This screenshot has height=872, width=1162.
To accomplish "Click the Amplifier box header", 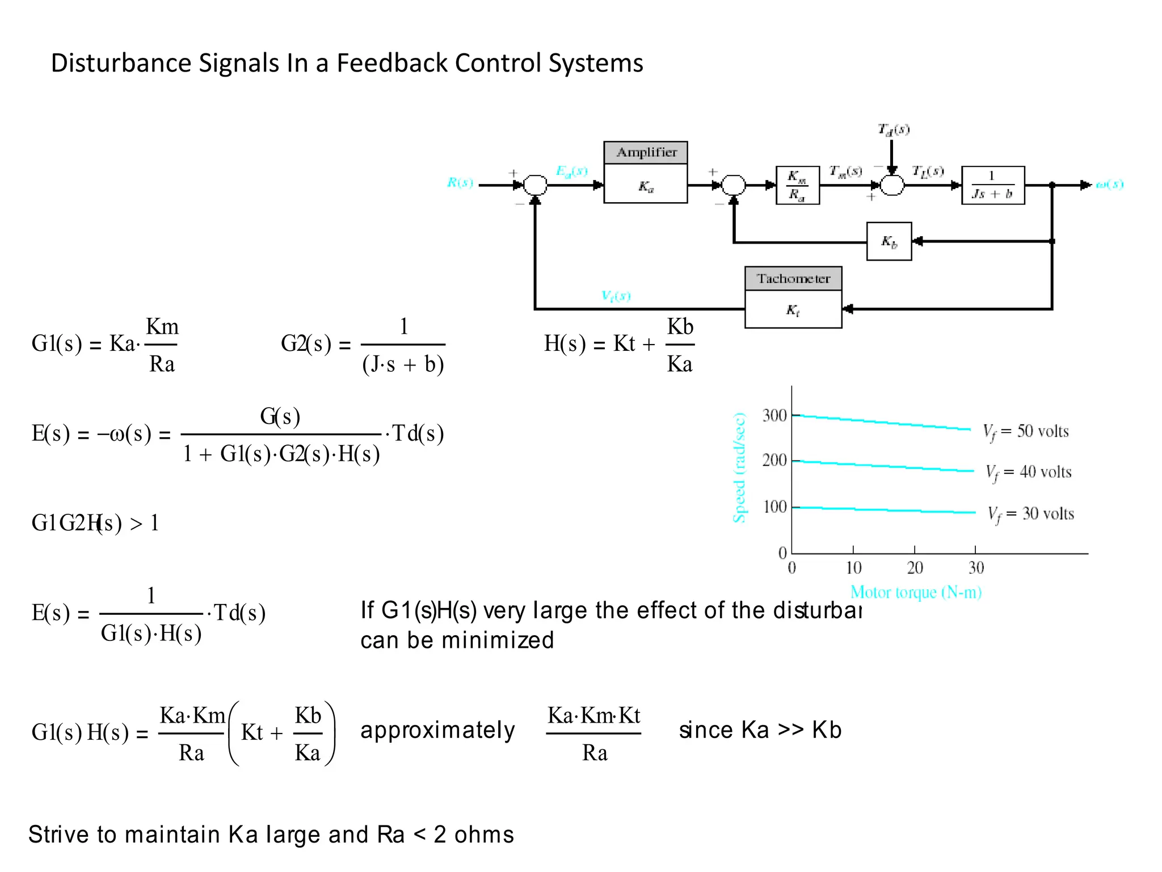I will click(646, 152).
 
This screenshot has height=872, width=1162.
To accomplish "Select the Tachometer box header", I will click(793, 278).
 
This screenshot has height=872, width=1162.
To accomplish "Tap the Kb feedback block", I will click(889, 241).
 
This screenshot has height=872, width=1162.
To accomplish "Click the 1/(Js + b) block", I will click(992, 185).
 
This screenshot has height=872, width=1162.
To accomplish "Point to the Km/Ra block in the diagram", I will click(797, 185).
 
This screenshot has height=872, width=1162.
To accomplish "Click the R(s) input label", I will click(460, 182).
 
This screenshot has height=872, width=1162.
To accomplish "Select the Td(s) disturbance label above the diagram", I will click(894, 129).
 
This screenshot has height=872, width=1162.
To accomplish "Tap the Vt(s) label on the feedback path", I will click(616, 295).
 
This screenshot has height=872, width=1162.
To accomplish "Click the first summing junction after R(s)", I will click(535, 185).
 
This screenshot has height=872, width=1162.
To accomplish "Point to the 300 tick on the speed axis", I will click(774, 416).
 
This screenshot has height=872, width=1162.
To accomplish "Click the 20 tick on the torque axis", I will click(915, 567).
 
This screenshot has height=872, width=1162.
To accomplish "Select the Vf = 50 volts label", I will click(1026, 431).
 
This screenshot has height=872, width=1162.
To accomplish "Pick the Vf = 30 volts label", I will click(1030, 514).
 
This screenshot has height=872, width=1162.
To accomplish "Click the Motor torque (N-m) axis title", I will click(916, 592).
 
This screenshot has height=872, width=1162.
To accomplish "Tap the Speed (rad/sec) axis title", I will click(739, 468).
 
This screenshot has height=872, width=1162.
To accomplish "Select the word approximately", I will click(437, 730).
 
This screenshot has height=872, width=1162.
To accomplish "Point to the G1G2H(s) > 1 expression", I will click(95, 523).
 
